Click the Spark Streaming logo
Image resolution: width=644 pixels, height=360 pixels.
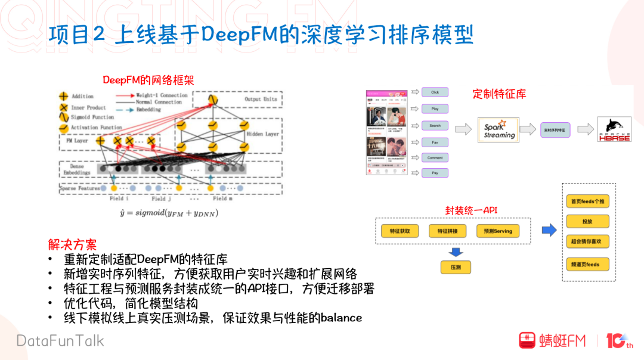click(499, 130)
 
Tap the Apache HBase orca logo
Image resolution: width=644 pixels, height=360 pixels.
click(614, 129)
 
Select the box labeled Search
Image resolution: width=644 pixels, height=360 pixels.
click(435, 126)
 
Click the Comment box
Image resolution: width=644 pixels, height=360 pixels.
click(435, 158)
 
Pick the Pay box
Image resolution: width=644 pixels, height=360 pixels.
click(435, 173)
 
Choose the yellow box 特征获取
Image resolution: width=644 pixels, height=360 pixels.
click(399, 231)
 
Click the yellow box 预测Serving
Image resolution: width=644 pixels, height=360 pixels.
click(494, 231)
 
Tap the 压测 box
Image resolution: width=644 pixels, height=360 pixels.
click(456, 268)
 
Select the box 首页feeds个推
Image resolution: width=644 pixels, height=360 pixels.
click(587, 201)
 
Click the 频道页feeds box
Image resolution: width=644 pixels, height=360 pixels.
click(587, 264)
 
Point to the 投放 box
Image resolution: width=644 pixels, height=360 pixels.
click(587, 222)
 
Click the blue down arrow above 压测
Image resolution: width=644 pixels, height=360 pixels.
click(456, 251)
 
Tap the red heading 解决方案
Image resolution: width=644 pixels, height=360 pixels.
click(72, 244)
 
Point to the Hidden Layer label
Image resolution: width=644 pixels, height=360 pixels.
click(262, 134)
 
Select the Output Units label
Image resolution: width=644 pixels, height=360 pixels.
click(261, 99)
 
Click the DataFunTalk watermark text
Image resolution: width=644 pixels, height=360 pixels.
click(60, 341)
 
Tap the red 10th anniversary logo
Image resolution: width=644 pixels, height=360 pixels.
click(619, 341)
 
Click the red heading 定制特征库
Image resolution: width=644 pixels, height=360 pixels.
click(499, 94)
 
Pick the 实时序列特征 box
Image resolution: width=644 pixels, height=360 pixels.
click(555, 130)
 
